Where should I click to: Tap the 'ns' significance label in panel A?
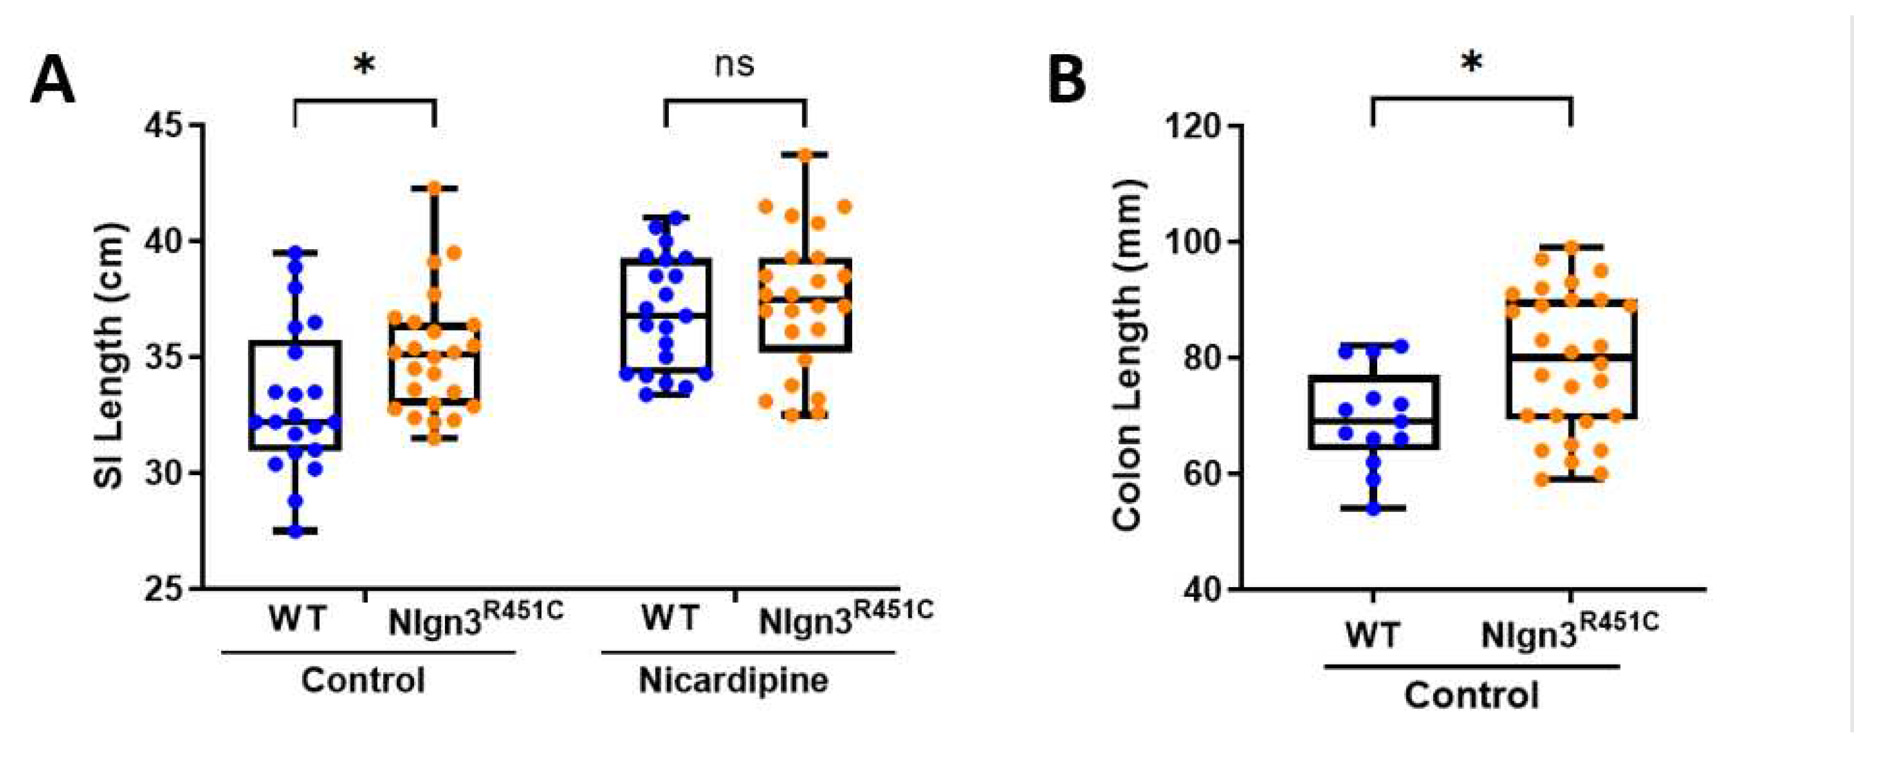coord(733,65)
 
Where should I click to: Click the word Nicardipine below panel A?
coord(733,681)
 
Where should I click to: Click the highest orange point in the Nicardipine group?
coord(805,154)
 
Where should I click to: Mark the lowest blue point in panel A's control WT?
coord(295,531)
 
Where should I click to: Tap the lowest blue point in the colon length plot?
coord(1373,508)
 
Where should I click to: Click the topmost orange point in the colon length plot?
coord(1571,247)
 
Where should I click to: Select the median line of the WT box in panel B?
coord(1373,421)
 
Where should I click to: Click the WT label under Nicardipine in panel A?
coord(669,618)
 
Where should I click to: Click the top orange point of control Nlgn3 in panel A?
coord(434,188)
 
